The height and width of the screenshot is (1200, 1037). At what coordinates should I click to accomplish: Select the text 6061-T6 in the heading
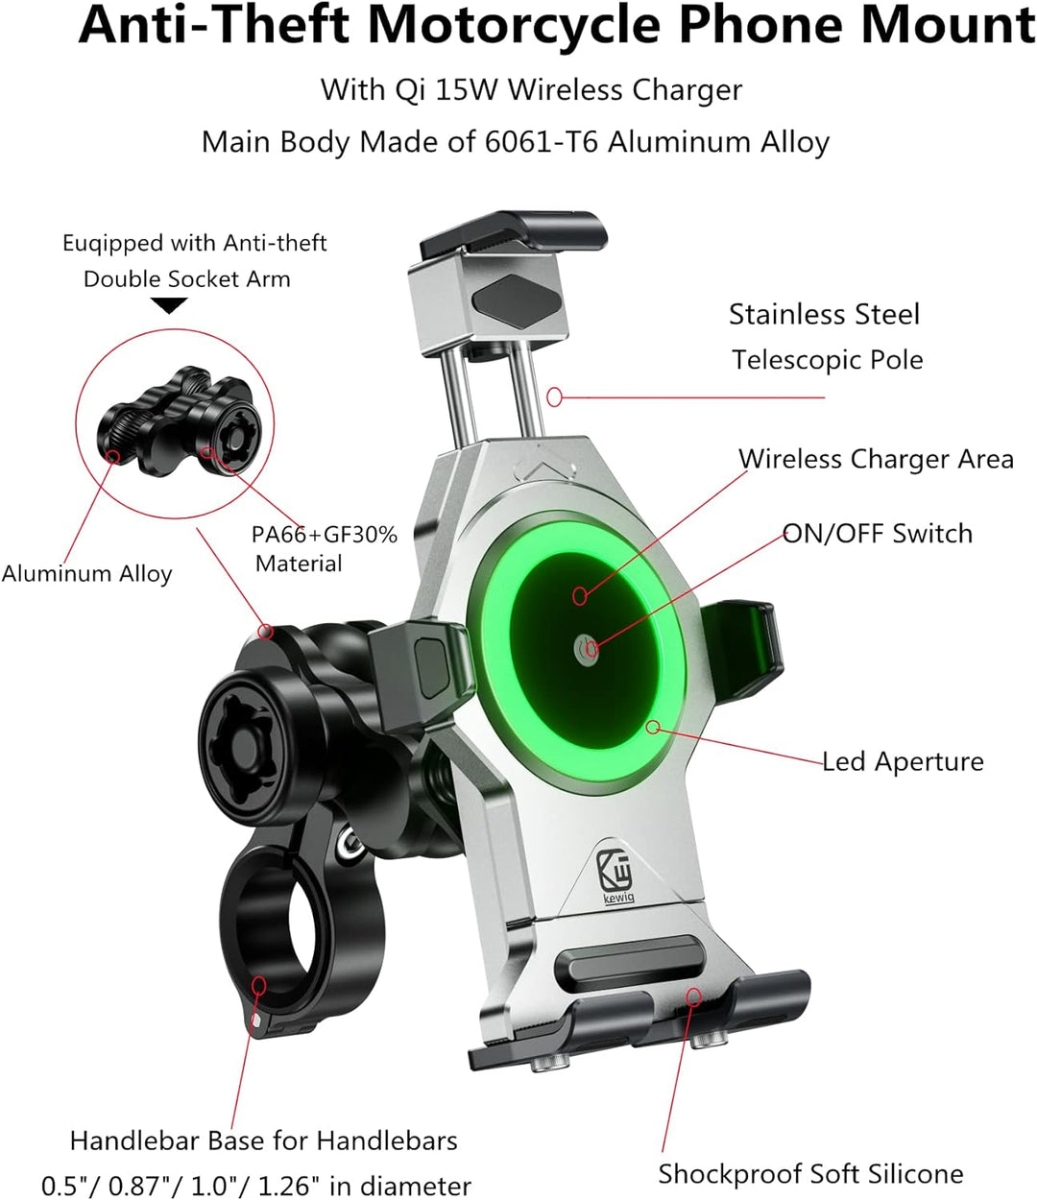(x=541, y=142)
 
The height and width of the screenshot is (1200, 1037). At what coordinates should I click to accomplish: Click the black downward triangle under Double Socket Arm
(x=169, y=305)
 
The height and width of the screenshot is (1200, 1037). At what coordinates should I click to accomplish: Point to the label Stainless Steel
(x=824, y=315)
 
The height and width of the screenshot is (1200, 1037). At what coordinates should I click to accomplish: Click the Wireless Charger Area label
(x=876, y=459)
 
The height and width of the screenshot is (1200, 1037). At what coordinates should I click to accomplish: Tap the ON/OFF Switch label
(x=877, y=534)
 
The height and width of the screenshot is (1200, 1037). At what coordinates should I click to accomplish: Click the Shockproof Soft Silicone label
(x=810, y=1174)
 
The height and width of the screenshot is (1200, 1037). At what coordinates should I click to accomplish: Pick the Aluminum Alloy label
(x=87, y=574)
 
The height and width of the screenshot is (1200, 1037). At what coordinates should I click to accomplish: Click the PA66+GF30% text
(x=324, y=535)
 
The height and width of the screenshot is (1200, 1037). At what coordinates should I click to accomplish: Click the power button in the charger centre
(x=586, y=649)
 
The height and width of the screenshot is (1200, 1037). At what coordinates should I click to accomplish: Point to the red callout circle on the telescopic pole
(x=554, y=397)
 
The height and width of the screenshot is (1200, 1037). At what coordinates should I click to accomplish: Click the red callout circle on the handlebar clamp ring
(x=258, y=985)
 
